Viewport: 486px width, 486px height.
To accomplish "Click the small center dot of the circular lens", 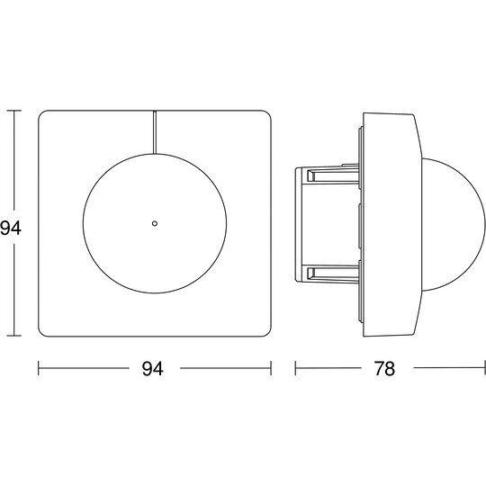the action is (155, 223).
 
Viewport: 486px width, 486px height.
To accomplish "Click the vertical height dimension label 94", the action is (10, 229).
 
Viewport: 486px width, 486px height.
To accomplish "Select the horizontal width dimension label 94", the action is (152, 368).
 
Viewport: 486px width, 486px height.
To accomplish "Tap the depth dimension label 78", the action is (384, 368).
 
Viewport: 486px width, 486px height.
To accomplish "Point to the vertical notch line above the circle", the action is (155, 132).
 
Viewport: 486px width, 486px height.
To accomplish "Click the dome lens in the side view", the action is (454, 225).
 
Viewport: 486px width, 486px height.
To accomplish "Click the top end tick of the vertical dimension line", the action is (13, 111).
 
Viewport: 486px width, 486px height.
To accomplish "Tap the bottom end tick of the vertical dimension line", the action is (13, 336).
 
